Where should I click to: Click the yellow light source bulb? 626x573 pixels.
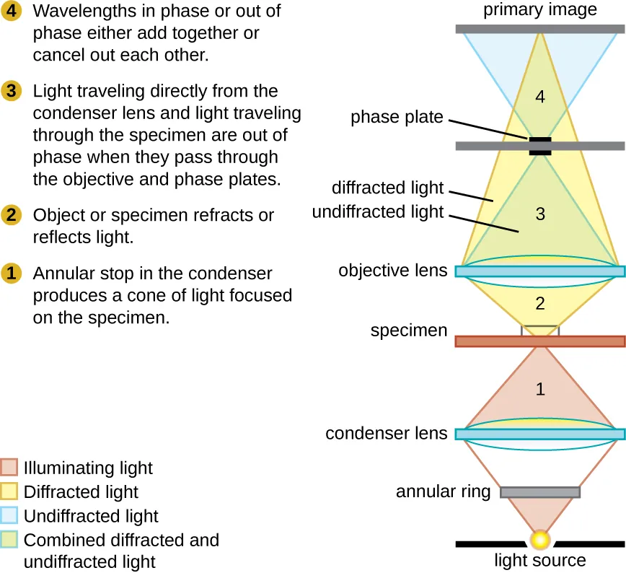(x=540, y=539)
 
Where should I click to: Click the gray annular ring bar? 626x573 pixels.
(x=540, y=492)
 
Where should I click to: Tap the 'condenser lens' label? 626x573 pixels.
(x=387, y=434)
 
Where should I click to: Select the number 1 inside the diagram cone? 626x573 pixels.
(x=540, y=390)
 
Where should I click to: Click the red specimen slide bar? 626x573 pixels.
(x=540, y=341)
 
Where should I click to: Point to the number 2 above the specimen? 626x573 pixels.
(x=540, y=304)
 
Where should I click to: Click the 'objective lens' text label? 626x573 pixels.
(x=393, y=271)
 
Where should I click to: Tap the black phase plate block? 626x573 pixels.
(x=540, y=146)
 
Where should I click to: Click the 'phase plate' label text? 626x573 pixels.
(x=397, y=117)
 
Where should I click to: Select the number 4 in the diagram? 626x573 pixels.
(x=540, y=96)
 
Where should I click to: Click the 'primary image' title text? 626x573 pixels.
(x=540, y=9)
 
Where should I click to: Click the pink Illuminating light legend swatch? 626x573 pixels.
(x=10, y=468)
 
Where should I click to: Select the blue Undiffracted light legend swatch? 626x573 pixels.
(x=10, y=516)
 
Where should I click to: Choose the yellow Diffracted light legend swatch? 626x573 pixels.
(x=10, y=492)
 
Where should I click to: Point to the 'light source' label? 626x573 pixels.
(x=540, y=561)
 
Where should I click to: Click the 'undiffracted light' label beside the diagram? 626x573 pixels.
(x=378, y=212)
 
